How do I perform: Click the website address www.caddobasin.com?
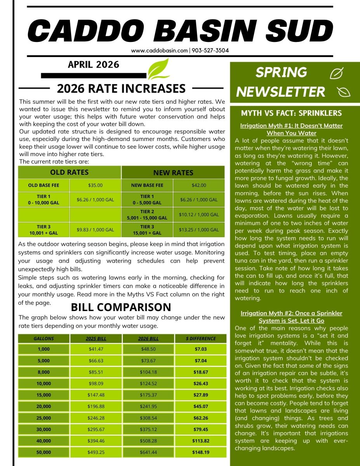point(159,50)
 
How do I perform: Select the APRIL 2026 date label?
point(94,64)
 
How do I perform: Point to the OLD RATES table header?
point(70,172)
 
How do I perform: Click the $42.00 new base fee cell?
point(199,185)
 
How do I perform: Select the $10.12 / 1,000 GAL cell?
point(199,214)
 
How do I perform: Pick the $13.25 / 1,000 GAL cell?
point(199,230)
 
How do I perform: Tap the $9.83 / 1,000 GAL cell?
point(96,230)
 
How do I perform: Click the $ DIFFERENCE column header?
point(201,339)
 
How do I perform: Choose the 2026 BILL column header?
point(148,339)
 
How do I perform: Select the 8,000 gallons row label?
point(43,372)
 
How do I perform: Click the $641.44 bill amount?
point(148,452)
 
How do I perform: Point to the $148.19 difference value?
point(201,452)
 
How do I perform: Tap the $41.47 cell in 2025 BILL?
point(96,349)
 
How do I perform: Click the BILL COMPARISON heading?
point(121,307)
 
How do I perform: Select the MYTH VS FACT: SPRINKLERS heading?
point(291,113)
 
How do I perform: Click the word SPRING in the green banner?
point(281,72)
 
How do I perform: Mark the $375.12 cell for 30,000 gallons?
point(148,429)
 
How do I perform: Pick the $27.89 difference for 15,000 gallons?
point(201,395)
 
